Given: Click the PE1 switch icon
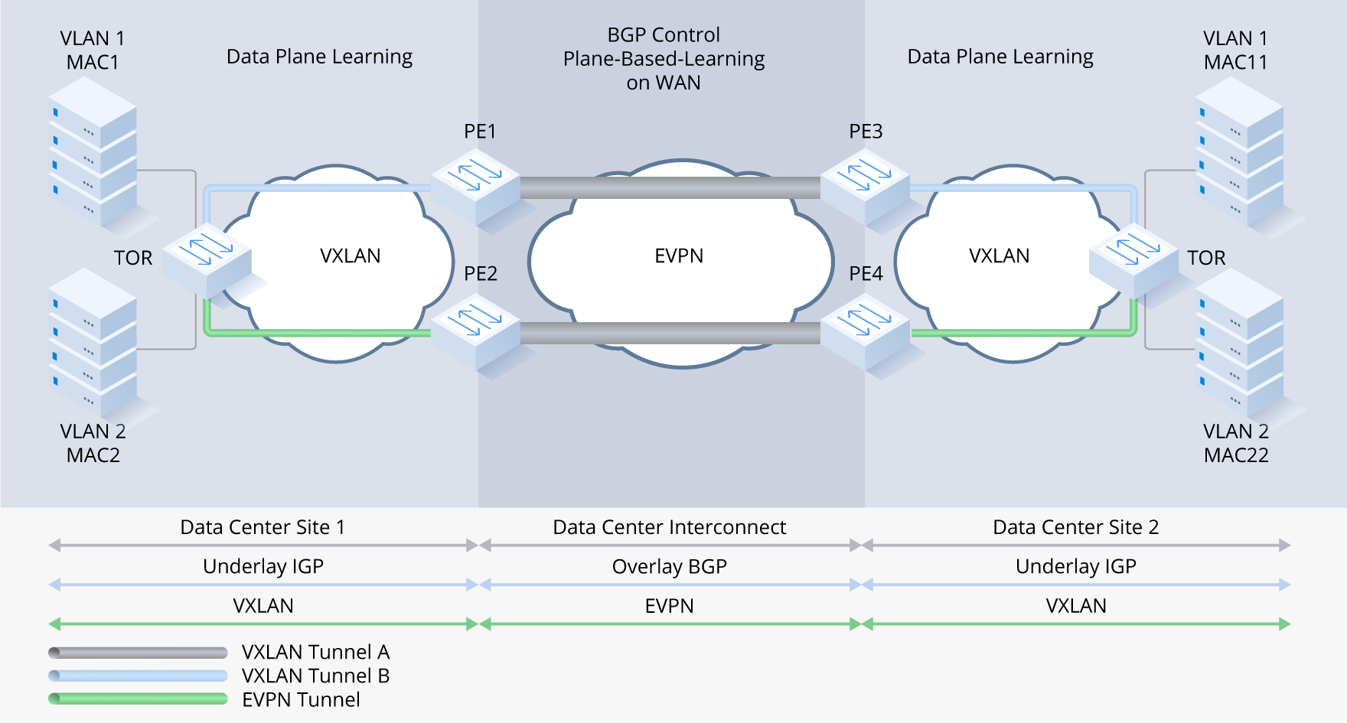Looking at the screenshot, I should coord(476,186).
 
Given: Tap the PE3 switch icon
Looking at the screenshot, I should coord(866,186).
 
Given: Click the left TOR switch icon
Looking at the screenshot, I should coord(207,259).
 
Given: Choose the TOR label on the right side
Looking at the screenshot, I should coord(1206,258).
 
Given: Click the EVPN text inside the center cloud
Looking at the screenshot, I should coord(679,256).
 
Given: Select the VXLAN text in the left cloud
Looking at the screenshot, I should coord(350,256).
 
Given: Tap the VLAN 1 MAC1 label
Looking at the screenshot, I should coord(93,50).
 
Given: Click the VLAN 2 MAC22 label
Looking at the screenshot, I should coord(1236,443).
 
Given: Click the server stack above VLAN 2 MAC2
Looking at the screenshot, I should coord(93,340).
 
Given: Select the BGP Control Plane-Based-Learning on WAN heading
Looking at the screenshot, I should coord(664,59).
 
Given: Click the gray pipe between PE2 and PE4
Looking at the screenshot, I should coord(670,333).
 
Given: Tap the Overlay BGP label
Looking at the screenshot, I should coord(669,566).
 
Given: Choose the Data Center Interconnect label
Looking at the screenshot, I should coord(669,527).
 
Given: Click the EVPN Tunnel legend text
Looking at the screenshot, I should coord(301,699).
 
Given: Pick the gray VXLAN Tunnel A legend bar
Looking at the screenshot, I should coord(138,653).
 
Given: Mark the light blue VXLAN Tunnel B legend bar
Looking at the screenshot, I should coord(138,676).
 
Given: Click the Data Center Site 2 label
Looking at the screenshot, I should coord(1075,527).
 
